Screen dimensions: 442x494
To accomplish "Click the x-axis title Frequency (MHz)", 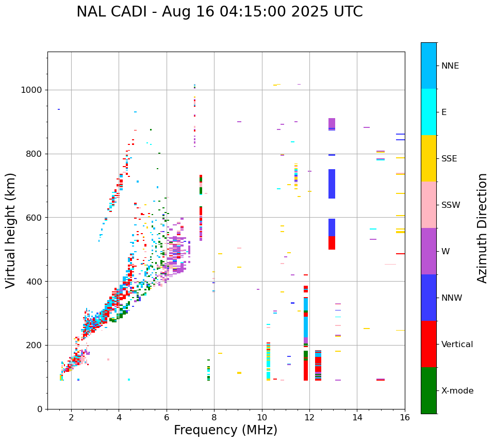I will tap(225, 430).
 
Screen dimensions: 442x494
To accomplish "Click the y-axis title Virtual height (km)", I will tap(11, 230).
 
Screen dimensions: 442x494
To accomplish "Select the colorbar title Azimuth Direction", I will tap(482, 228).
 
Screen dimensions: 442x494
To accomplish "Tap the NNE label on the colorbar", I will tap(450, 66).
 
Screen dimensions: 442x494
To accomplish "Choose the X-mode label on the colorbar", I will tap(457, 391).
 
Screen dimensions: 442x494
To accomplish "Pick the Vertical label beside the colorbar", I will tap(457, 345).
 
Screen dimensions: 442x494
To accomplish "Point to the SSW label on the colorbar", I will tap(451, 205).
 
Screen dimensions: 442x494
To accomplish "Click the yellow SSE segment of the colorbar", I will tap(429, 158).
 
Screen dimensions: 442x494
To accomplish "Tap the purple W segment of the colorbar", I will tap(429, 251).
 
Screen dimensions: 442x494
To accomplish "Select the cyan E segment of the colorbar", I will tap(429, 112).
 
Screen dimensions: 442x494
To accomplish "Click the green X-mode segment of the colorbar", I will tap(429, 390).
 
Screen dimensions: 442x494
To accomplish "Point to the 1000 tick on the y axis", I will tap(34, 90).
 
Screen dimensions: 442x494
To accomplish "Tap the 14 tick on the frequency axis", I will tap(357, 417).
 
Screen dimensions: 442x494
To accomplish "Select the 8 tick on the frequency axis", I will tap(214, 417).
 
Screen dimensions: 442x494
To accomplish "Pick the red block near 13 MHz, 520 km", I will tap(332, 243).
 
